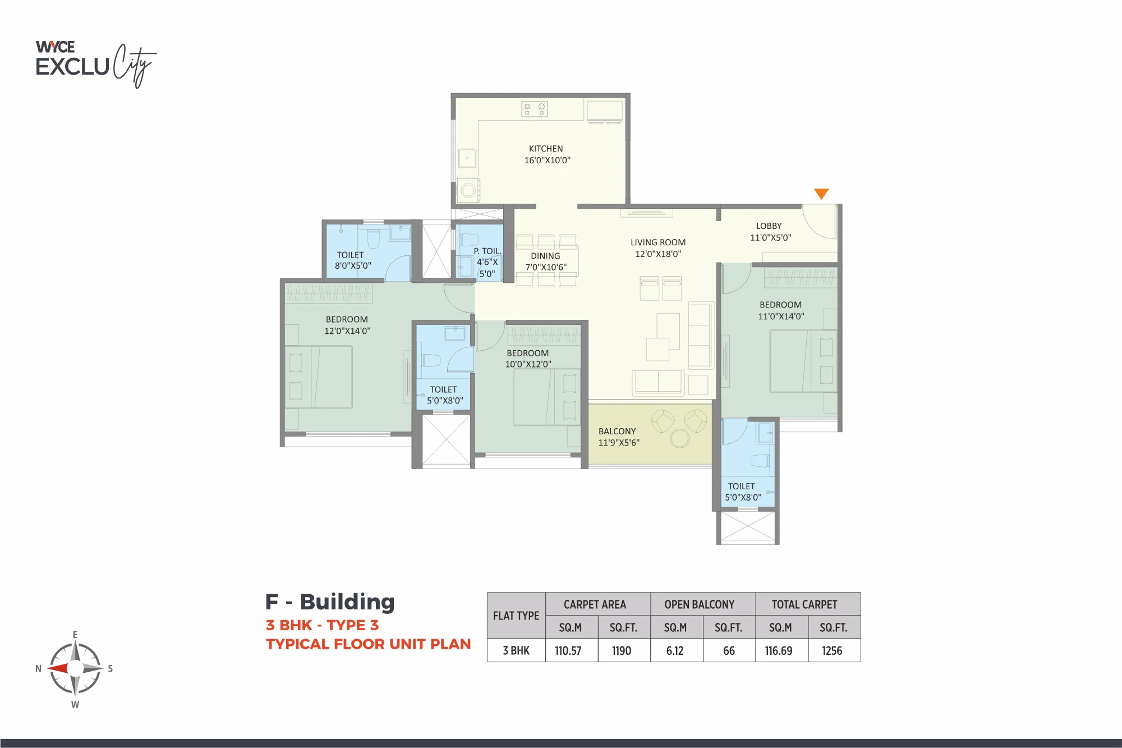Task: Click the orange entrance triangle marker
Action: point(821,193)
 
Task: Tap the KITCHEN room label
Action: point(546,149)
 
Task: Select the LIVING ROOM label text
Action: point(658,242)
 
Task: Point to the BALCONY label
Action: point(617,432)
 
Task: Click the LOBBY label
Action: point(769,226)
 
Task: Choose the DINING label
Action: point(545,256)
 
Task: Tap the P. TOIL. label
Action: point(487,251)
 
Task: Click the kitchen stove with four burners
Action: point(534,109)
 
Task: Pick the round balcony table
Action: point(680,438)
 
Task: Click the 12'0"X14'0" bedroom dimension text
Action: point(347,331)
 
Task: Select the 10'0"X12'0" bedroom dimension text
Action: point(528,364)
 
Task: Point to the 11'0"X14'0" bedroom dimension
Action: point(781,316)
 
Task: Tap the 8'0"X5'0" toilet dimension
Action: point(353,266)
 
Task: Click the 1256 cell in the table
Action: point(832,651)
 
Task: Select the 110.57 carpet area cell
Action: point(568,651)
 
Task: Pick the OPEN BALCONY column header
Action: point(700,604)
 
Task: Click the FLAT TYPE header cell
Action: point(516,616)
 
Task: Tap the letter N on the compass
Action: point(38,668)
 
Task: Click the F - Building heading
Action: point(330,602)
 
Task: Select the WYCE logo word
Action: point(55,47)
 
